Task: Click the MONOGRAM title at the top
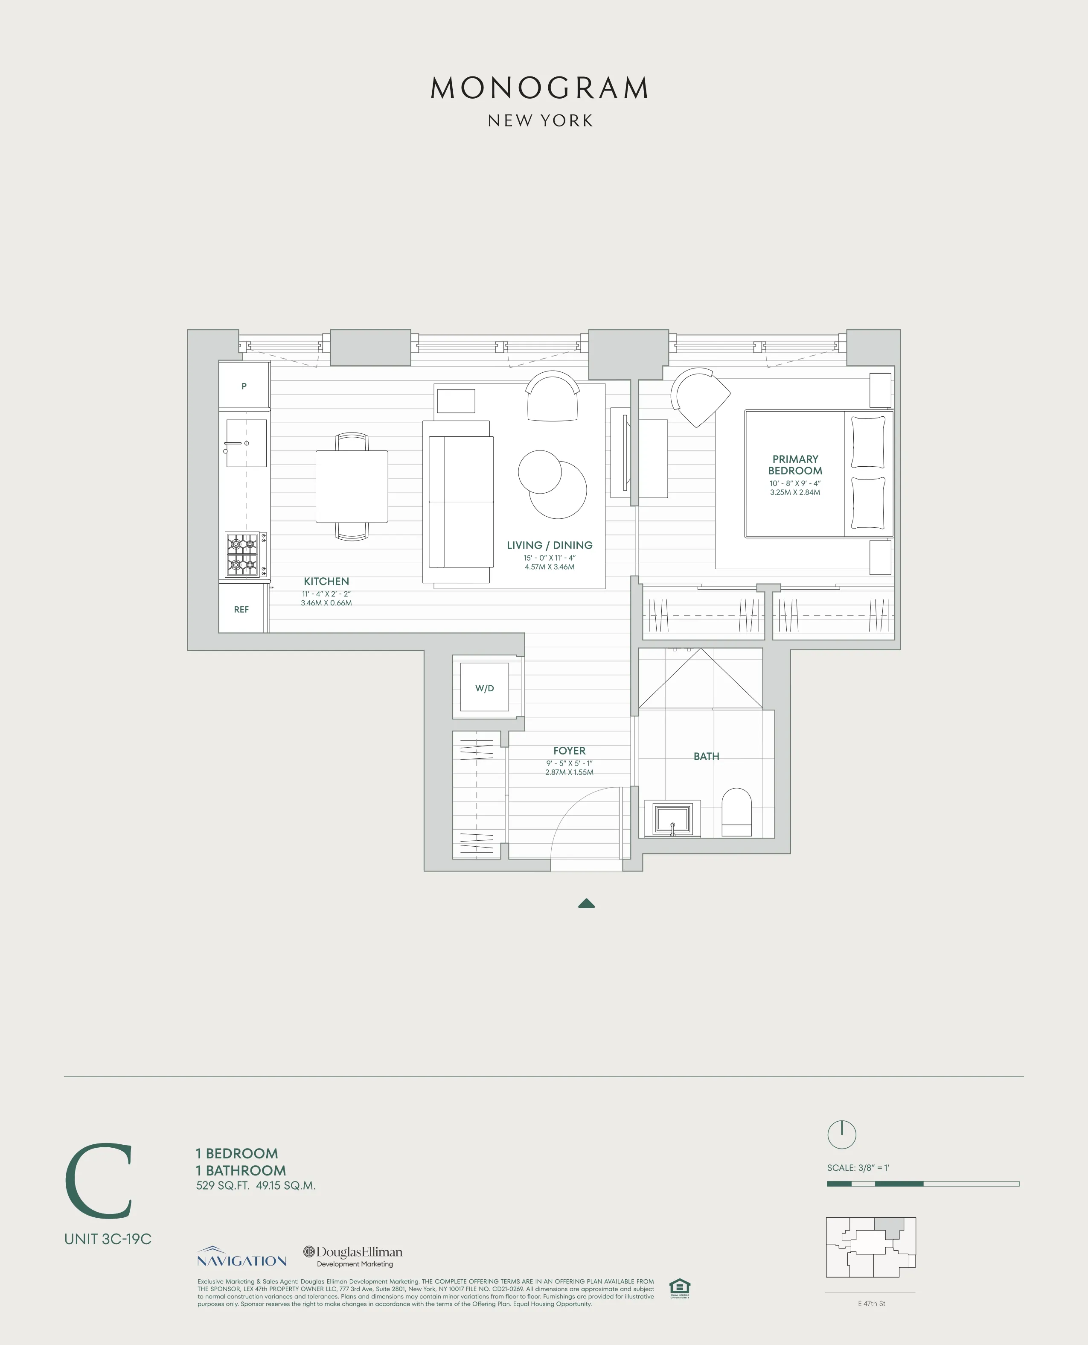[x=540, y=88]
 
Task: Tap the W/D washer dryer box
[x=484, y=688]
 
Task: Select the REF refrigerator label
[x=241, y=609]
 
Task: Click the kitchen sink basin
[x=246, y=443]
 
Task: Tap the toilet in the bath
[x=736, y=812]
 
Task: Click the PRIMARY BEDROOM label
[x=795, y=465]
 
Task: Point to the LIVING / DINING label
[x=549, y=545]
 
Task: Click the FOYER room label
[x=569, y=751]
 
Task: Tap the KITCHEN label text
[x=326, y=581]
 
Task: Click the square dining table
[x=352, y=487]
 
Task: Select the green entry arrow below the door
[x=586, y=903]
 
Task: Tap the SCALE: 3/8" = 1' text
[x=858, y=1167]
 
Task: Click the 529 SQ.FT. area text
[x=222, y=1186]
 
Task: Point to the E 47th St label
[x=871, y=1303]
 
